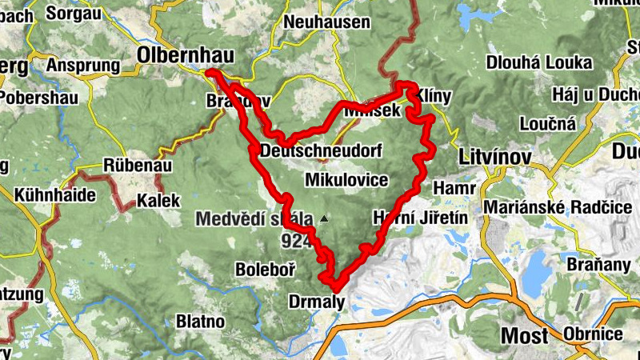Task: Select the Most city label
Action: coord(524,335)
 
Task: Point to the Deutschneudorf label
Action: coord(322,150)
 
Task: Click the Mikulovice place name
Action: coord(346,179)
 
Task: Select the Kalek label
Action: coord(154,199)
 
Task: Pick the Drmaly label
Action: coord(315,302)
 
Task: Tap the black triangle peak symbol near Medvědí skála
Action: coord(323,218)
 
